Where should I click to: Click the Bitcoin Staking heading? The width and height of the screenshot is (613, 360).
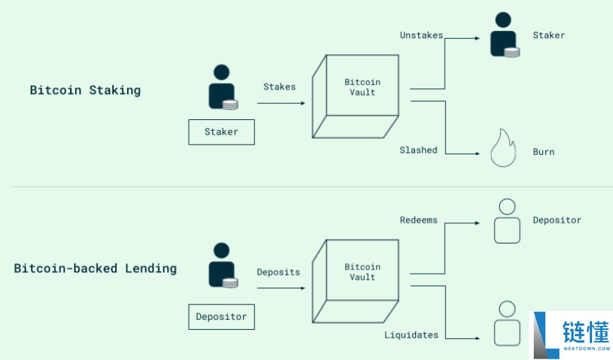click(x=85, y=90)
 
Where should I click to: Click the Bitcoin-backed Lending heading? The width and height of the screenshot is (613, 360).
click(x=95, y=268)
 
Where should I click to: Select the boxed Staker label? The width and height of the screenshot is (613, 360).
click(x=221, y=132)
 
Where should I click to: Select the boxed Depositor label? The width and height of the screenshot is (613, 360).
click(x=221, y=316)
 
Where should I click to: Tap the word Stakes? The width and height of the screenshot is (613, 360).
click(x=279, y=87)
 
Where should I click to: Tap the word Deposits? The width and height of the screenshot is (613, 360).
click(x=278, y=272)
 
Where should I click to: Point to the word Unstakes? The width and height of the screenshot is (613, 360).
click(x=421, y=34)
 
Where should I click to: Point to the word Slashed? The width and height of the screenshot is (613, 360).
click(x=418, y=150)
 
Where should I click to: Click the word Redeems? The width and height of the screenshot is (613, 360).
click(x=418, y=220)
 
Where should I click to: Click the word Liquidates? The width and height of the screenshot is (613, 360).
click(x=411, y=335)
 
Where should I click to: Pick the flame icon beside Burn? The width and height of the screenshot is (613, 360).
click(x=503, y=148)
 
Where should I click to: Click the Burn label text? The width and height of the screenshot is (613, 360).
click(x=543, y=152)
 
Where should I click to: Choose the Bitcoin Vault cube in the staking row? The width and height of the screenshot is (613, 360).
click(x=356, y=95)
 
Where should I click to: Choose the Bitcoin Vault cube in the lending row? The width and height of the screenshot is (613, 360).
click(x=356, y=281)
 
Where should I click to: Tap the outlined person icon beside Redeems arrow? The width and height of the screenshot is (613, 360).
click(x=506, y=221)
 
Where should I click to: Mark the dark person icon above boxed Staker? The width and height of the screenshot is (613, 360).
click(x=222, y=87)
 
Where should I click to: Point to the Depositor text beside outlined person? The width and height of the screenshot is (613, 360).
click(x=557, y=220)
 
